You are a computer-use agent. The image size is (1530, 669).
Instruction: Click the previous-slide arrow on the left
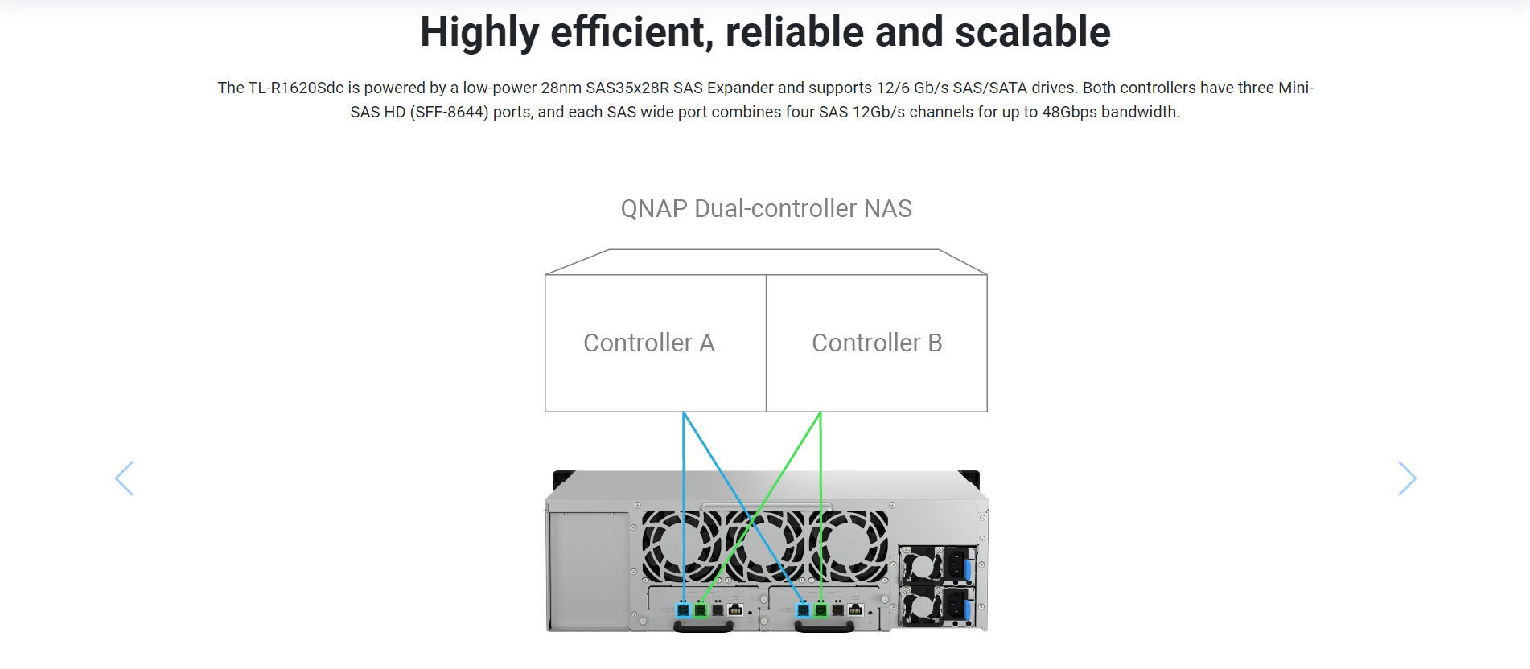(x=124, y=478)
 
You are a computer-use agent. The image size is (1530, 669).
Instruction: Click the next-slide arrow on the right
(x=1407, y=478)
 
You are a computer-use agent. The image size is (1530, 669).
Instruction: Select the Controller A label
(x=649, y=343)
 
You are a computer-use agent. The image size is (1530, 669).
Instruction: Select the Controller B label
(x=877, y=343)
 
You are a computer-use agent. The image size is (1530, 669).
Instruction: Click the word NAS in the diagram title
(x=887, y=208)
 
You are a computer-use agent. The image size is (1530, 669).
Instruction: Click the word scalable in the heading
(x=1032, y=32)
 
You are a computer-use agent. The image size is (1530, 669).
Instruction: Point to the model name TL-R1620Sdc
(x=296, y=88)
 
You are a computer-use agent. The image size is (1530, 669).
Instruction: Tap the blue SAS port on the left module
(x=684, y=610)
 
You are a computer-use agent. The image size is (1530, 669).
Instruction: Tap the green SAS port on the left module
(x=701, y=610)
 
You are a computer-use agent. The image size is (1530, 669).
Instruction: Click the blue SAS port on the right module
(x=803, y=610)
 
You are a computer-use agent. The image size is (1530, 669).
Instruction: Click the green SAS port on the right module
(x=821, y=610)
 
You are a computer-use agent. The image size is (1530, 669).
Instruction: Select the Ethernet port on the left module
(x=735, y=610)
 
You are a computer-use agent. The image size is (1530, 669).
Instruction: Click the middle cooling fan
(x=765, y=546)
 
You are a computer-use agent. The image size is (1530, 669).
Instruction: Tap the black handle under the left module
(x=703, y=626)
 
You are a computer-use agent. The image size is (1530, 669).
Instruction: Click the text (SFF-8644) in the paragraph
(x=449, y=112)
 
